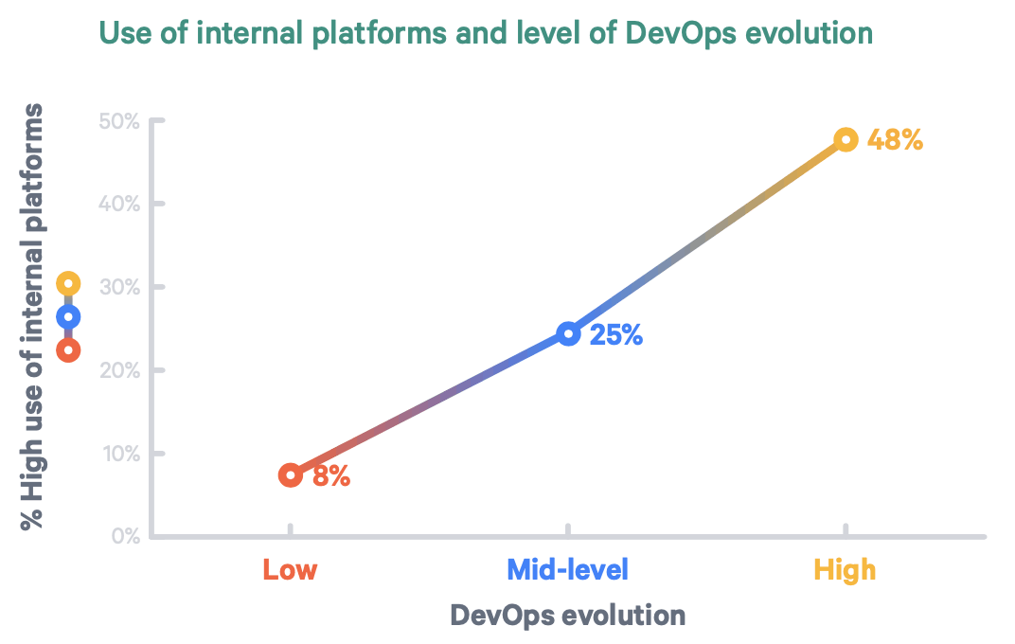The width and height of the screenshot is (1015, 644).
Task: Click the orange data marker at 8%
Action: click(291, 474)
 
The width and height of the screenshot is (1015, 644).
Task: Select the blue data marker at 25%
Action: click(568, 333)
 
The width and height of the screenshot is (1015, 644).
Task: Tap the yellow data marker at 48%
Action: click(846, 140)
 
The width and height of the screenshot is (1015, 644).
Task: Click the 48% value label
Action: click(895, 140)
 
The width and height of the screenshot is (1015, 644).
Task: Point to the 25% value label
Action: click(616, 334)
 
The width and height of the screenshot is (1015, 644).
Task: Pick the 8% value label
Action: click(331, 476)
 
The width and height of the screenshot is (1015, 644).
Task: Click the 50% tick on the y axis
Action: click(118, 121)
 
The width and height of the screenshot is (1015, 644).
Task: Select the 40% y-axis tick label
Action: click(118, 204)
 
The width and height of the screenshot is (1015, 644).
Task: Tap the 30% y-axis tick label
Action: click(118, 287)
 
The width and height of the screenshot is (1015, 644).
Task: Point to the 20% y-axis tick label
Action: click(118, 370)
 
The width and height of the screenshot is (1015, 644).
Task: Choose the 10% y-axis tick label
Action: click(118, 454)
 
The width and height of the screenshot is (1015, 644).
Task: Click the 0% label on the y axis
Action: click(123, 536)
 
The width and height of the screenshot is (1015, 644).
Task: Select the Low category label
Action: click(290, 570)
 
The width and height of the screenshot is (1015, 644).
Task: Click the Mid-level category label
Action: click(567, 570)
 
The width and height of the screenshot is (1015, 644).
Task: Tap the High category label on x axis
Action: click(845, 570)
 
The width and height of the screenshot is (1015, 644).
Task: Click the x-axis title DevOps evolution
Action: click(567, 616)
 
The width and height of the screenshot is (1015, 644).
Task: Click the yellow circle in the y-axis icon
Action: click(68, 283)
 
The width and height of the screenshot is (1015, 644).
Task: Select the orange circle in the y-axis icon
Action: click(68, 349)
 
